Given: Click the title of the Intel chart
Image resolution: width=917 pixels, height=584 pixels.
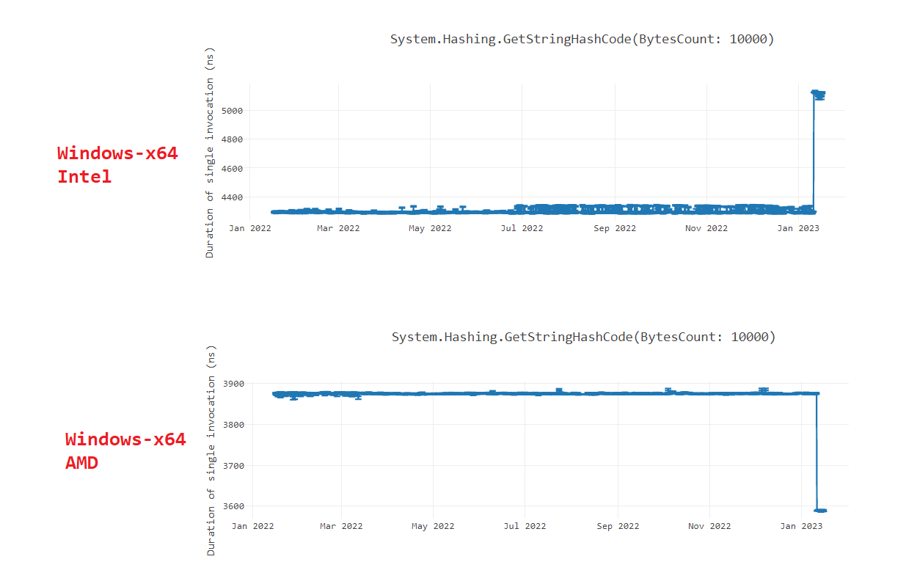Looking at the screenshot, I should tap(582, 39).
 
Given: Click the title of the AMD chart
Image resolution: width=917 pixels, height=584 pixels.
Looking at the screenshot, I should tap(583, 337).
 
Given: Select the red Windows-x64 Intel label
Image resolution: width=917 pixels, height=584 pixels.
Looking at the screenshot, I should tap(117, 164).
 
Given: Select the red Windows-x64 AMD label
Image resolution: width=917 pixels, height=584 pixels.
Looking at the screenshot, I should tap(125, 450).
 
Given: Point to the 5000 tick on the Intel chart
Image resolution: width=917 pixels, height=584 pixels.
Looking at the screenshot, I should tap(232, 111).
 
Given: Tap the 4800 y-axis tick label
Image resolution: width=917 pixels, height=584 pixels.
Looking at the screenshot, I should tap(232, 139).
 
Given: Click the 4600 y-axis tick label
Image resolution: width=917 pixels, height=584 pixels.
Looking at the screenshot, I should tap(232, 169).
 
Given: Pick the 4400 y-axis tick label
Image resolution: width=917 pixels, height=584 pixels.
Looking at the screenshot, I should tap(232, 197).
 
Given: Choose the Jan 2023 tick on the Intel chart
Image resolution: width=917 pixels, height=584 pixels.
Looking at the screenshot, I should tap(799, 228).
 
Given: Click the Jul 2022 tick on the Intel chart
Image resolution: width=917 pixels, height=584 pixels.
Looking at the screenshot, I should tap(522, 228).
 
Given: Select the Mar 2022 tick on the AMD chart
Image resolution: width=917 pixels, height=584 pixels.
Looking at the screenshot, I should tap(341, 526).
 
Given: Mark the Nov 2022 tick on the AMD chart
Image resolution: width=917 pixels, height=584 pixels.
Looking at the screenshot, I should tap(709, 526).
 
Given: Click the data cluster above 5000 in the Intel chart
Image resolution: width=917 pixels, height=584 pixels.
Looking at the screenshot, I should tap(819, 94).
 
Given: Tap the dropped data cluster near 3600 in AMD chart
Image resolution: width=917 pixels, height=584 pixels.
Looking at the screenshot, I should tap(821, 510).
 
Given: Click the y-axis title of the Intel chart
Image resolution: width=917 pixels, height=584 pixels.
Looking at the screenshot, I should tap(210, 157).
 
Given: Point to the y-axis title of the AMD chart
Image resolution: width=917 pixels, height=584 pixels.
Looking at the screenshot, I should tap(211, 449).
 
